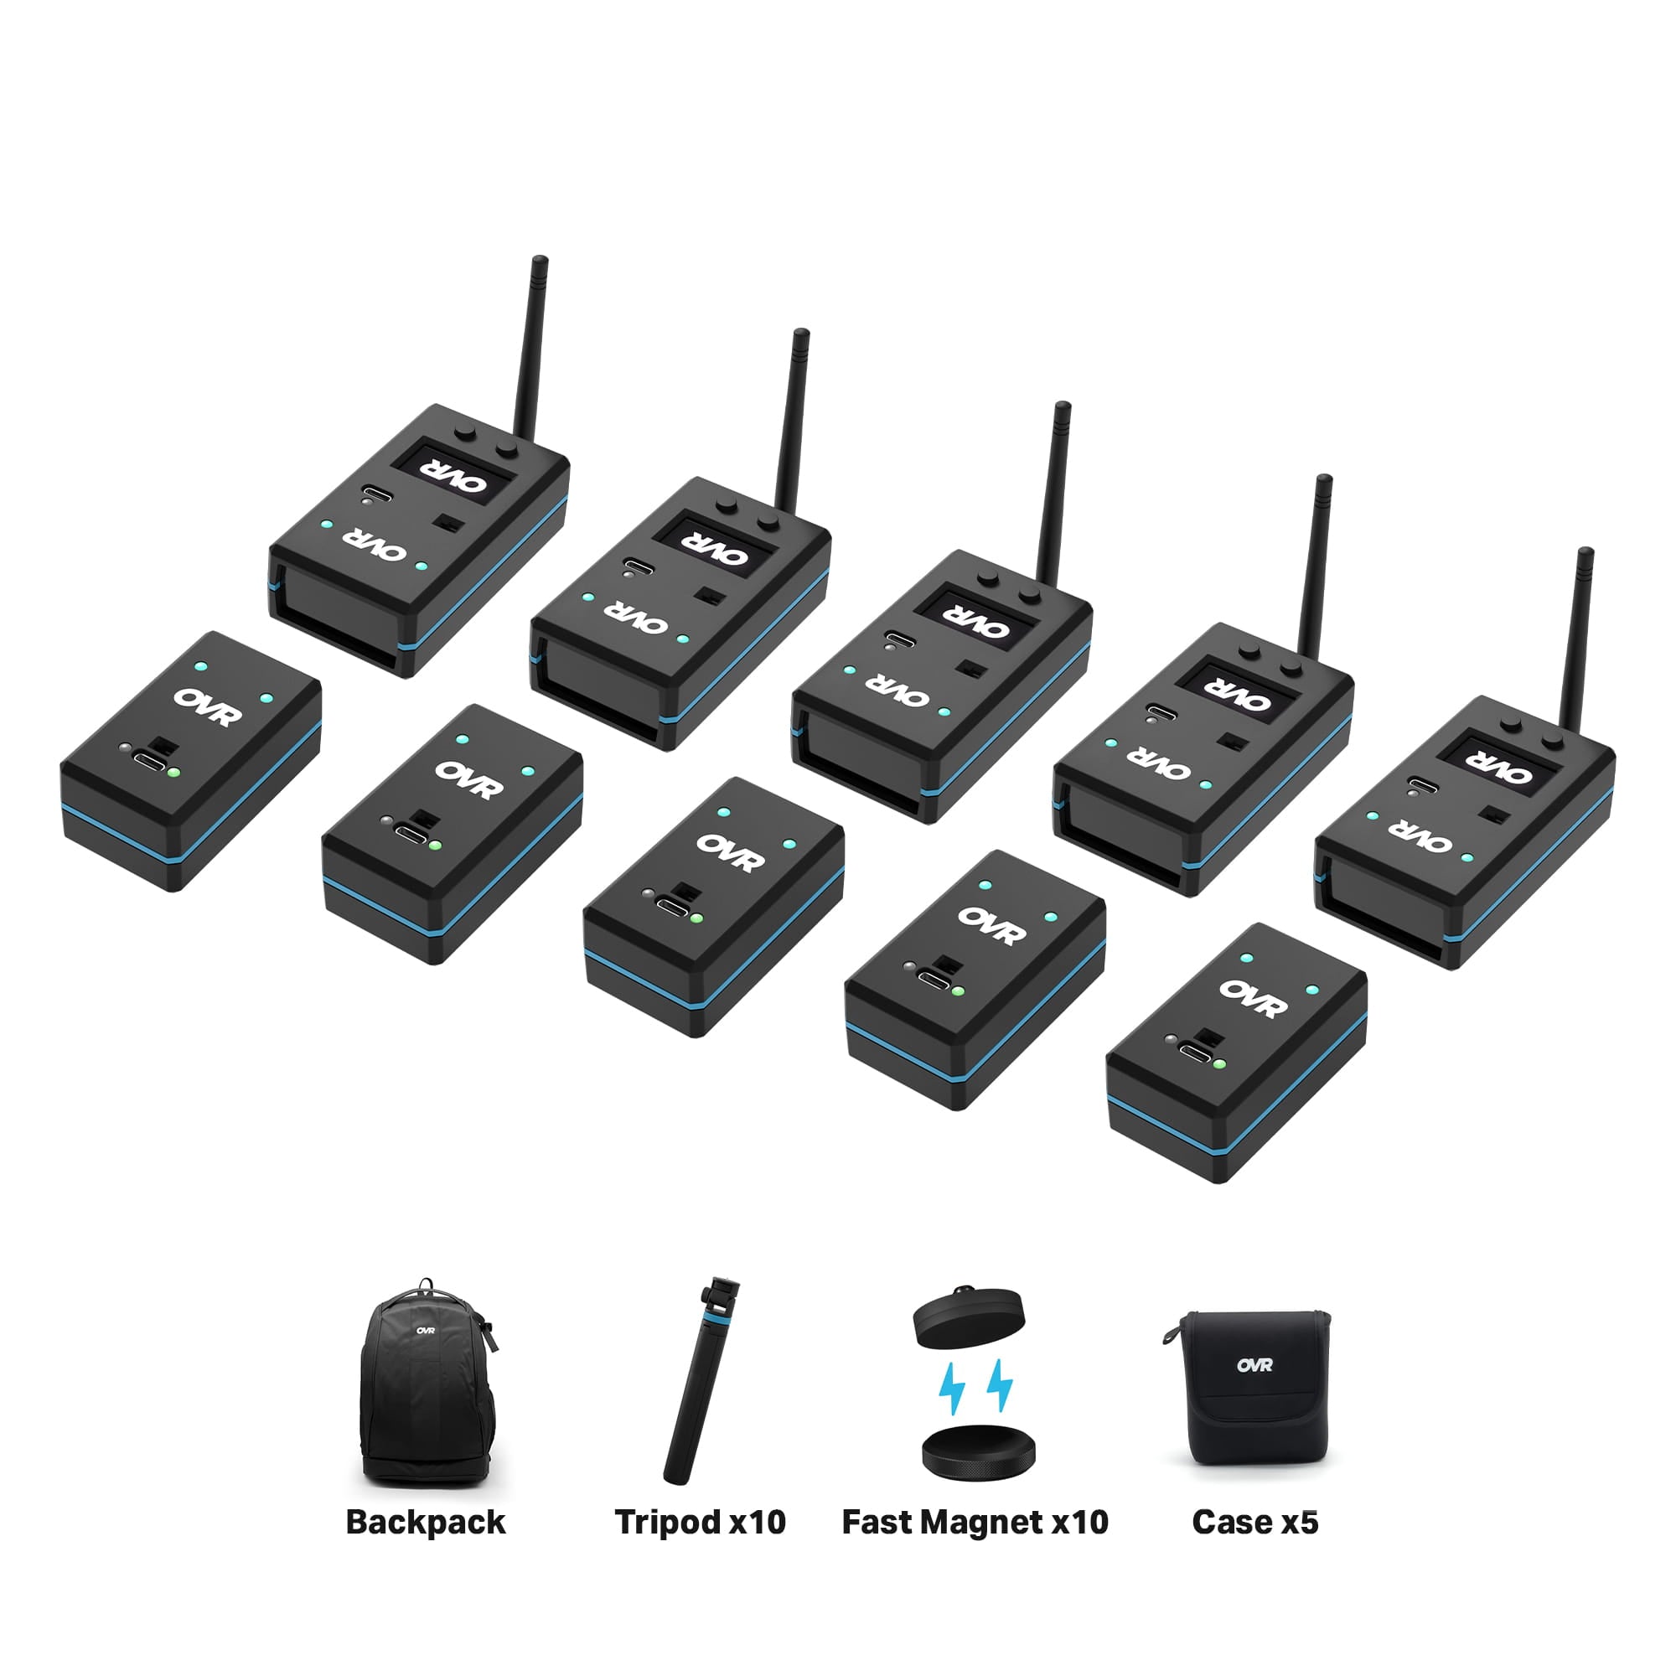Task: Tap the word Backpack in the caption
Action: click(x=425, y=1523)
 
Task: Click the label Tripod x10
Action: click(x=699, y=1523)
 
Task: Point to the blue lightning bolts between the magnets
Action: click(x=976, y=1386)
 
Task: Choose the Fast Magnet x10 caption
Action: click(x=975, y=1523)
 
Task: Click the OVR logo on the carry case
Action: click(x=1254, y=1365)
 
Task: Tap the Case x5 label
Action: click(x=1254, y=1523)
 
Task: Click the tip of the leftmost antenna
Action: click(x=540, y=261)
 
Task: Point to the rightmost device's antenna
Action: click(x=1576, y=634)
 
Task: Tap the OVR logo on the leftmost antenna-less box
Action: click(x=207, y=706)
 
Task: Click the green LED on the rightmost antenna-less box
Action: click(x=1218, y=1063)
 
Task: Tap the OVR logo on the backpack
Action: click(x=425, y=1331)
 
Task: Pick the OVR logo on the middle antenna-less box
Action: click(x=731, y=853)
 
